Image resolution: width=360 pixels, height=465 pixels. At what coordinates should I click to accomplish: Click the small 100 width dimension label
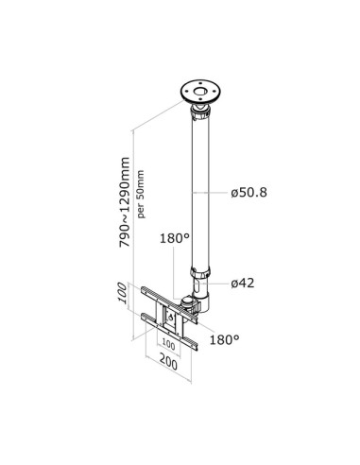(x=168, y=345)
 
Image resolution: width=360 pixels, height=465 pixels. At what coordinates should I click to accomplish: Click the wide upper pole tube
(x=200, y=189)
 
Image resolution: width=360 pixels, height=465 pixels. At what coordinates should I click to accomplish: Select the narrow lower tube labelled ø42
(x=200, y=284)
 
